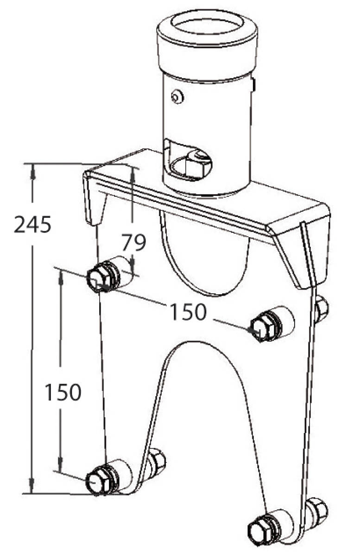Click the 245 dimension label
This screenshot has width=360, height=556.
pos(32,224)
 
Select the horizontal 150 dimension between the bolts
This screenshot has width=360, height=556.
pos(188,312)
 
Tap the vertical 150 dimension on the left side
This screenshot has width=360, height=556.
pos(63,392)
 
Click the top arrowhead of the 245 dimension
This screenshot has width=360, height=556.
pos(32,171)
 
